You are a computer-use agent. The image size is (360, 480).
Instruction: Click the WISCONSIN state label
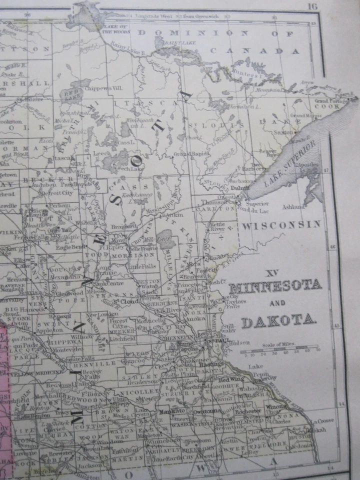281,225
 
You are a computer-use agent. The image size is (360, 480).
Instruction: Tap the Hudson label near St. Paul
239,343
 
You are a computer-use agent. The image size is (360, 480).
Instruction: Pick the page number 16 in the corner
313,6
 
